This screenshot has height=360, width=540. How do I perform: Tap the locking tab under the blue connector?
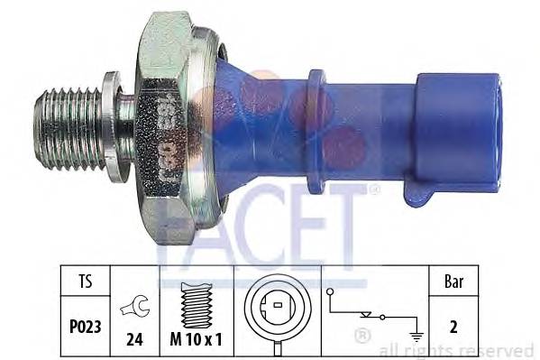point(425,194)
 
